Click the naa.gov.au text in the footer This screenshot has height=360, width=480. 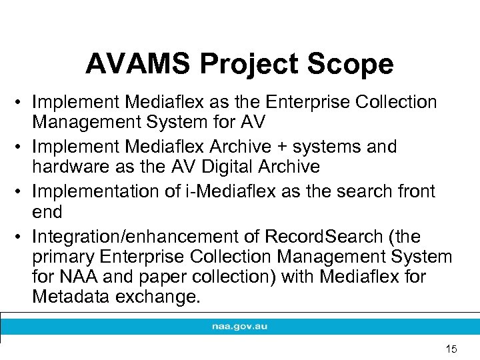point(239,327)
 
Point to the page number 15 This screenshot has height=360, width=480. point(451,349)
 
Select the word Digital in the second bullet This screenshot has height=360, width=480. point(221,167)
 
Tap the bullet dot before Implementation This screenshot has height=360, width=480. point(20,192)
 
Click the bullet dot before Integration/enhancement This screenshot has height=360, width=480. point(20,237)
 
